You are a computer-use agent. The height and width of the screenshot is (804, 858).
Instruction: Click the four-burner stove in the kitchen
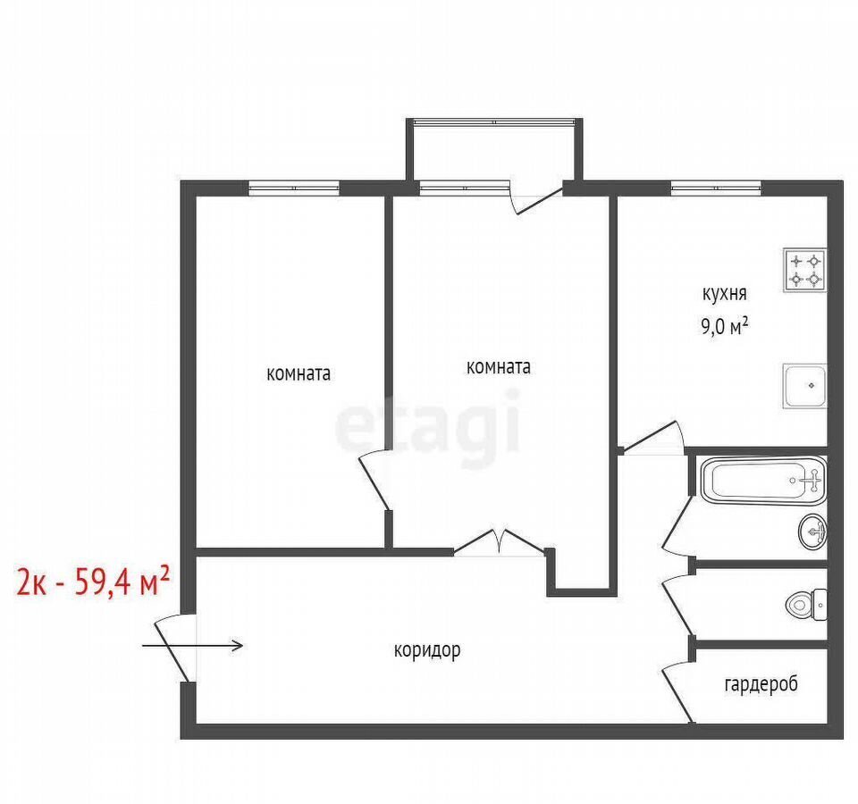804,270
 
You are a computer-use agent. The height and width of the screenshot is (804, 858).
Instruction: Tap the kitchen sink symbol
804,386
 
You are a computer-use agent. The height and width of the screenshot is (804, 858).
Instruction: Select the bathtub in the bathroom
764,481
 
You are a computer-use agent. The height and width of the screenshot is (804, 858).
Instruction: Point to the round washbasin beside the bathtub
813,531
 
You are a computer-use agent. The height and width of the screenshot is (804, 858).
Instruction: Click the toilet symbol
807,605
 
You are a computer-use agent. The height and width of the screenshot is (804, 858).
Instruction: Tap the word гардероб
761,684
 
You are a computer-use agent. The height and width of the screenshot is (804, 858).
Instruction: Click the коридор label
427,650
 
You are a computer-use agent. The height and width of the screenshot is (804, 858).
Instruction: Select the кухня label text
725,294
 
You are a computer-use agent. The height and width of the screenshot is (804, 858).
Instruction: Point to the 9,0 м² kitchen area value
725,327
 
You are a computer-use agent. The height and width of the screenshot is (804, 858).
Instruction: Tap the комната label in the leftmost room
299,373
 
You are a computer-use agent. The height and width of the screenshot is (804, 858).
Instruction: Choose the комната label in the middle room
499,367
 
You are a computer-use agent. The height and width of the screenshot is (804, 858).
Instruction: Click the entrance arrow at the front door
193,646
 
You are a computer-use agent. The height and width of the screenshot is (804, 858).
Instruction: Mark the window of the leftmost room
294,188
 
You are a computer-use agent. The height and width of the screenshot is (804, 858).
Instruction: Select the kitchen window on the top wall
716,188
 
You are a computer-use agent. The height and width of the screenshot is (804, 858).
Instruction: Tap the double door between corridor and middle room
499,542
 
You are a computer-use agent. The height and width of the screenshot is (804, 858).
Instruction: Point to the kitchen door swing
654,438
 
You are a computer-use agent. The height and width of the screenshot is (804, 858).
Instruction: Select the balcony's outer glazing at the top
494,122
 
